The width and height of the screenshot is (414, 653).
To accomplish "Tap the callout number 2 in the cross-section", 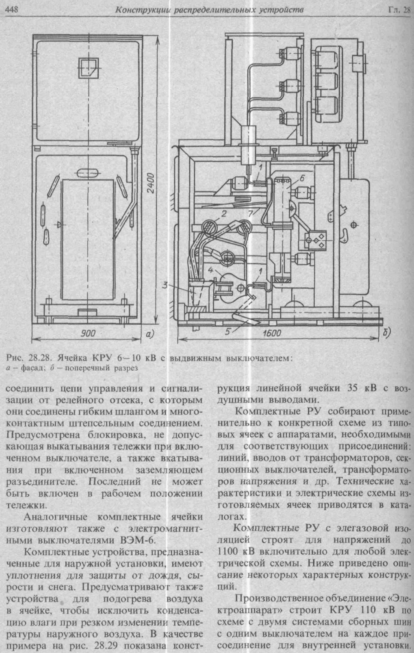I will tap(224, 213).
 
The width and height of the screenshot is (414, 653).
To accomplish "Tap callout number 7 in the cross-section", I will tap(251, 213).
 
